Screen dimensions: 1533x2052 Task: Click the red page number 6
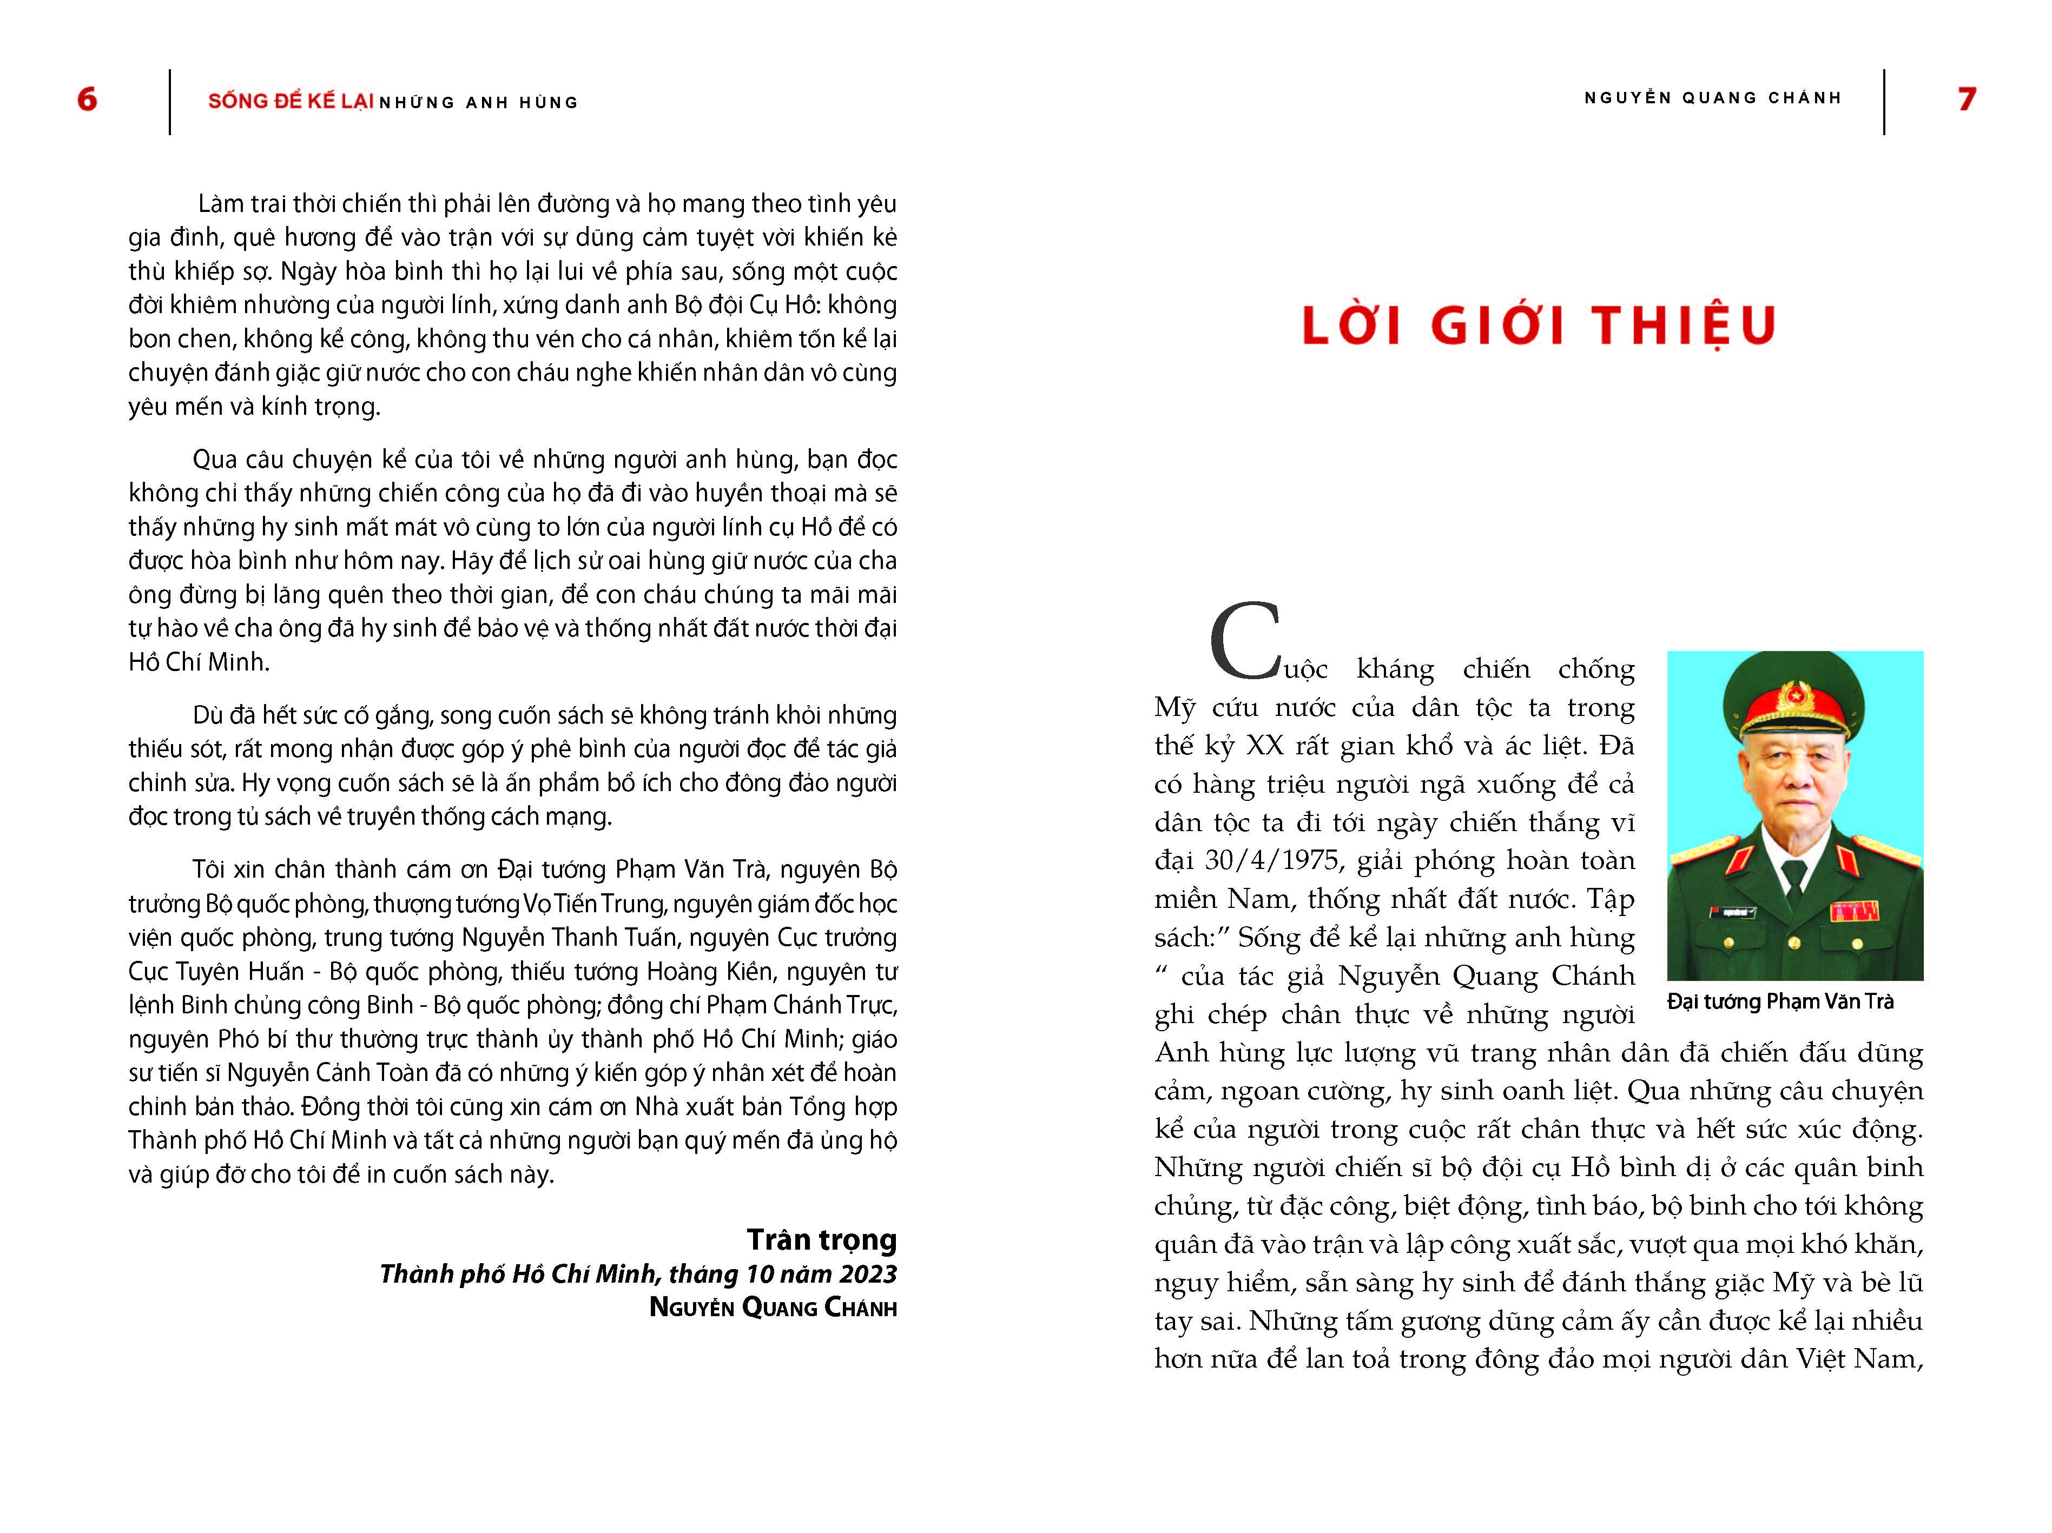[87, 99]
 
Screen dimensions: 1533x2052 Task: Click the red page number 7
[1967, 99]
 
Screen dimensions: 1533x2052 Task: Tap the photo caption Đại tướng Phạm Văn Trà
[1780, 1001]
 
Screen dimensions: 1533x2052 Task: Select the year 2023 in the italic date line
[867, 1274]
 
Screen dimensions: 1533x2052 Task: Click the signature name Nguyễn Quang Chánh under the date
[773, 1308]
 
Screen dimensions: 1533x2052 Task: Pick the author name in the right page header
[1712, 98]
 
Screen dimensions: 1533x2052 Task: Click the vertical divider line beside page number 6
[170, 102]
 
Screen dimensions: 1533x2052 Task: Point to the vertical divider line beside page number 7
[1884, 102]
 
